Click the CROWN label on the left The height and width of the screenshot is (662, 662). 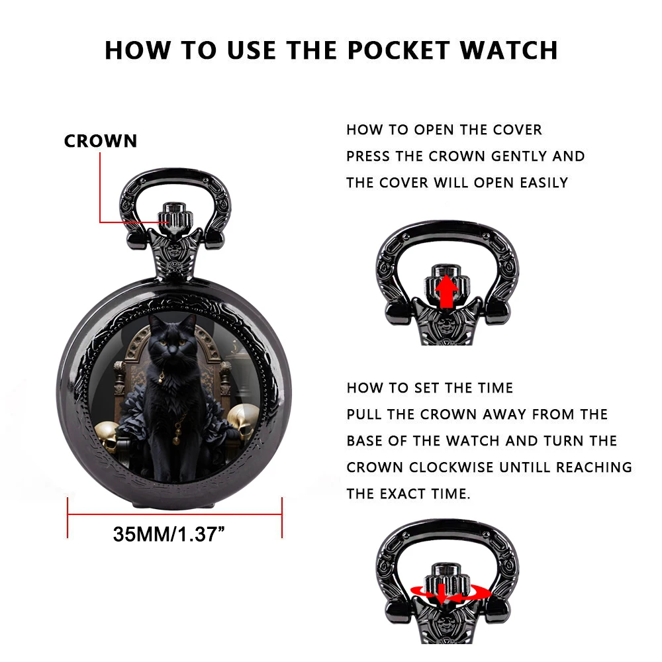101,141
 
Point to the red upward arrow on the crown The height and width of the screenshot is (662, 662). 448,291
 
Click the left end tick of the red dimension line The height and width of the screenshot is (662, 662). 68,517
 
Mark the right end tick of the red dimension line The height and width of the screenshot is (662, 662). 283,517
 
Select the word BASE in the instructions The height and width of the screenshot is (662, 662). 368,441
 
